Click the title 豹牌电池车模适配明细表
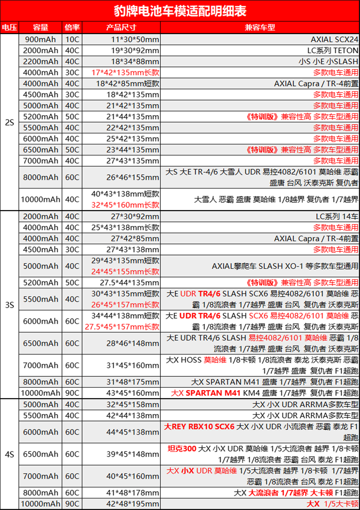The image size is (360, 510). tap(180, 11)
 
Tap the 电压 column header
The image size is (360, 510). tap(9, 27)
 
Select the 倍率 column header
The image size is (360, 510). tap(72, 27)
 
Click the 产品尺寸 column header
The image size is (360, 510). tap(121, 27)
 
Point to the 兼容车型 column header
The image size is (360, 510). tap(260, 27)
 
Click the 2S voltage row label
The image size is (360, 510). tap(9, 122)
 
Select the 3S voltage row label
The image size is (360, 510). tap(9, 305)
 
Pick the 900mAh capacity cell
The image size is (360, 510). tap(40, 39)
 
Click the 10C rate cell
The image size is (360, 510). tap(72, 39)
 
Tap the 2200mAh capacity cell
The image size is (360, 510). tap(40, 61)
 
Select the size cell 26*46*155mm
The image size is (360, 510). tap(133, 178)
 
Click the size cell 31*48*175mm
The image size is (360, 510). tap(133, 382)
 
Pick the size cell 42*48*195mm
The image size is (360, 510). tap(133, 504)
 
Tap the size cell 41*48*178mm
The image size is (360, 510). tap(133, 493)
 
